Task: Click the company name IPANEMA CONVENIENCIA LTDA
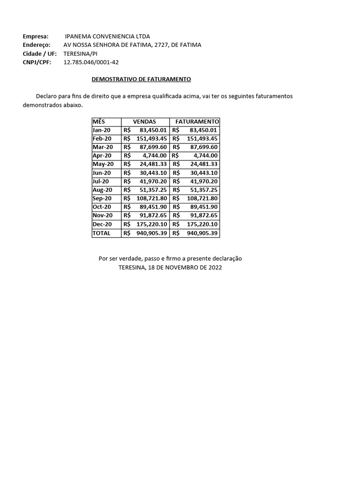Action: [x=108, y=36]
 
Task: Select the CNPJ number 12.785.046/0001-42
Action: [x=91, y=62]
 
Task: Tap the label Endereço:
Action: [x=37, y=45]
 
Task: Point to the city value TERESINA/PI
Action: [x=81, y=53]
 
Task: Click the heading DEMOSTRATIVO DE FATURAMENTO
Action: [x=141, y=79]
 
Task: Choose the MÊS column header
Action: [x=99, y=121]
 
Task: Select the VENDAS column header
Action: [x=144, y=121]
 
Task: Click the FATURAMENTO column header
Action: [x=197, y=121]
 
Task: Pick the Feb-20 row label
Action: [x=102, y=139]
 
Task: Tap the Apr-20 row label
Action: [x=102, y=156]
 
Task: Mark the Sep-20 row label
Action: [x=102, y=199]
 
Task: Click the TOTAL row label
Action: [x=102, y=233]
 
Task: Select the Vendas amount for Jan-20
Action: [x=153, y=130]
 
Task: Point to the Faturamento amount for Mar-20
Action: [x=203, y=147]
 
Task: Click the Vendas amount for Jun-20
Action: [x=153, y=173]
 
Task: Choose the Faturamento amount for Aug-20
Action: [x=203, y=190]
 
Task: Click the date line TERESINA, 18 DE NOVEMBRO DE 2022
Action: [x=170, y=267]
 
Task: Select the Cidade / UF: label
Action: [x=39, y=53]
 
